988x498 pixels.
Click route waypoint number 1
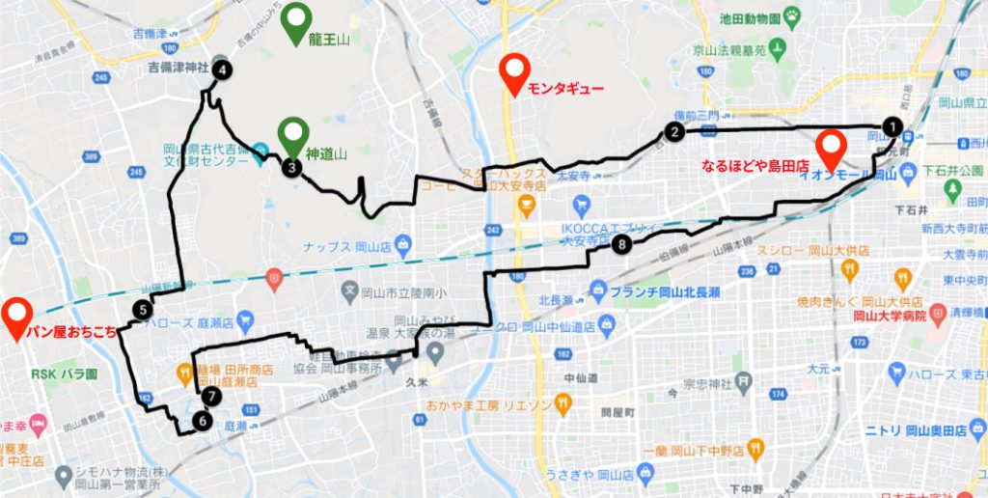(x=893, y=126)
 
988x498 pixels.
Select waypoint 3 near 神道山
(x=290, y=167)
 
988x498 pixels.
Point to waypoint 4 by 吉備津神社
(x=223, y=69)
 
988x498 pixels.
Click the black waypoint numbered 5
(x=143, y=310)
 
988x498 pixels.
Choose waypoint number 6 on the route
(x=202, y=420)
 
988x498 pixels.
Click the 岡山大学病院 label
(x=889, y=315)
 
